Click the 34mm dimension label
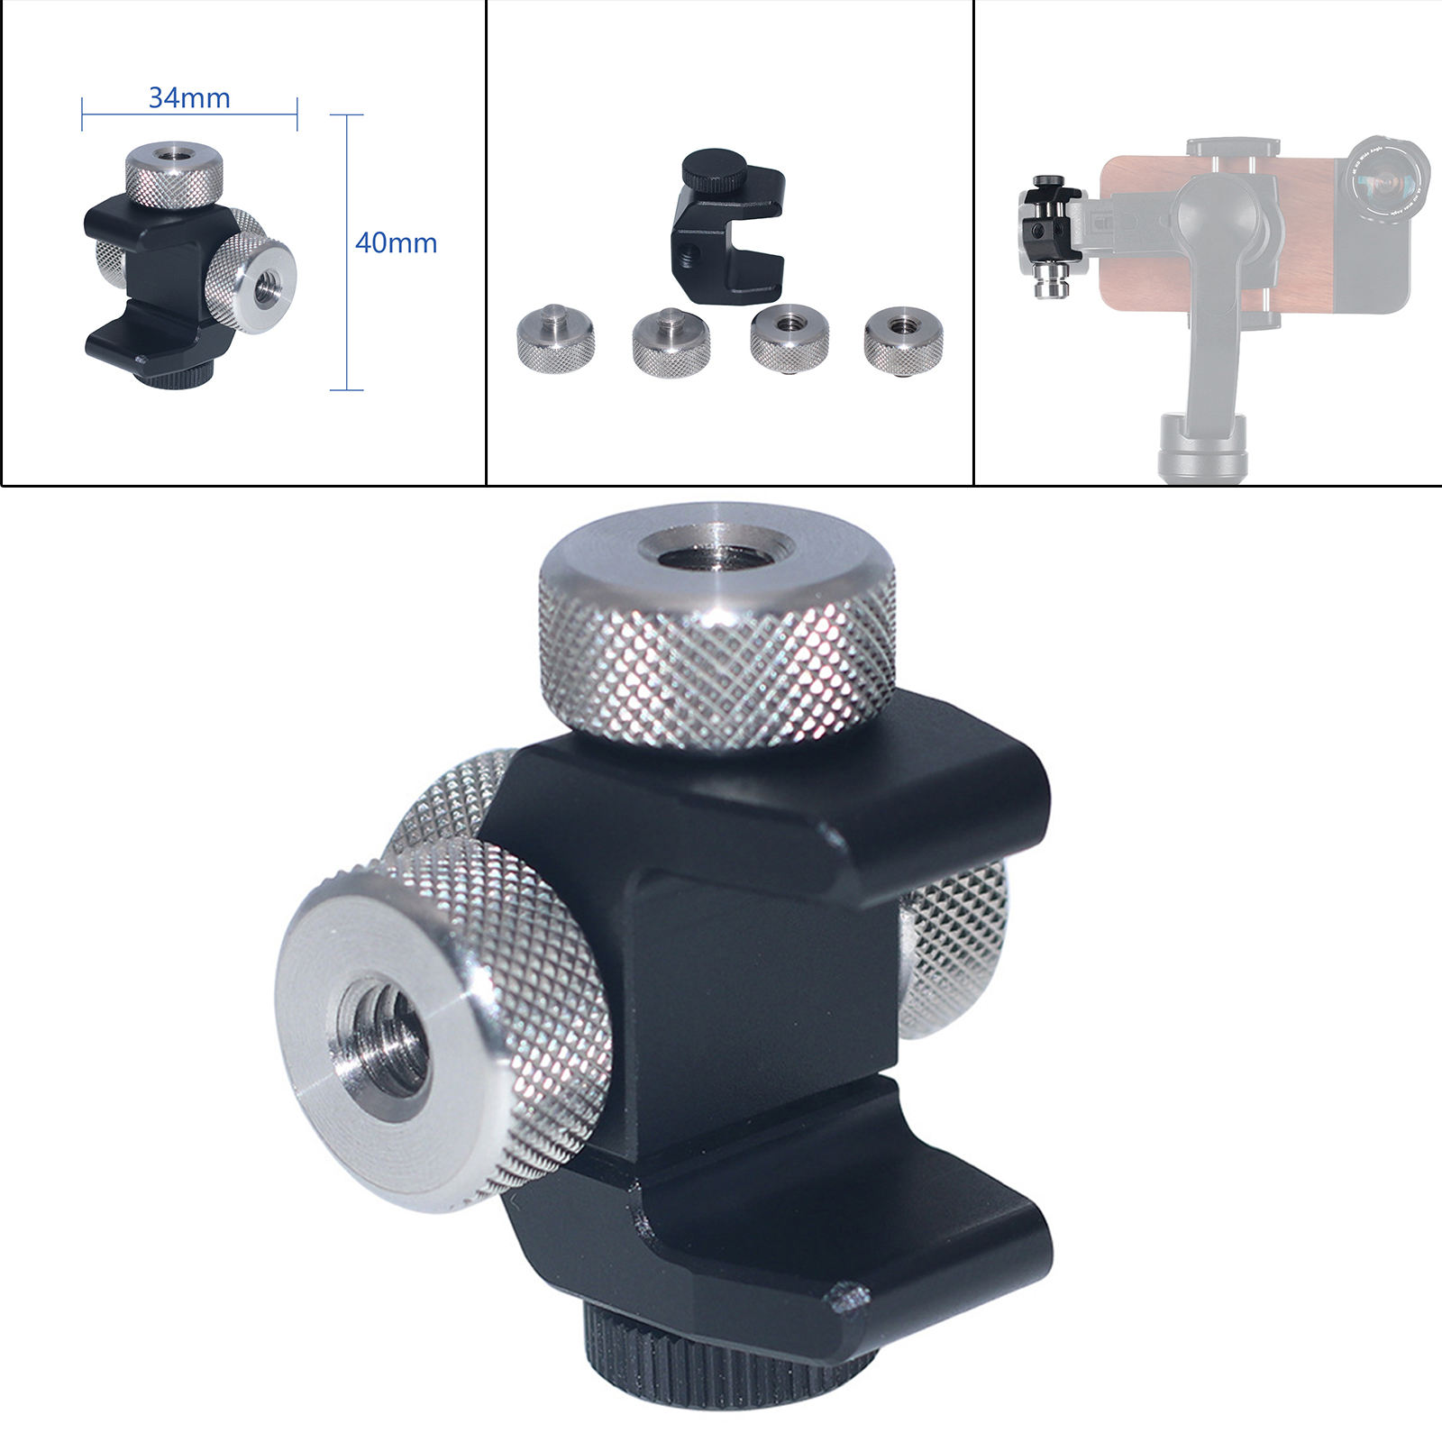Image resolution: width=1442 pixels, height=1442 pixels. (189, 97)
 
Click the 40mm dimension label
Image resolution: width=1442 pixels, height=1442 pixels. (396, 242)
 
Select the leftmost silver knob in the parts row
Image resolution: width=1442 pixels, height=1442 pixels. (555, 335)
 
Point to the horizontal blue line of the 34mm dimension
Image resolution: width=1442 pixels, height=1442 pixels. (189, 114)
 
